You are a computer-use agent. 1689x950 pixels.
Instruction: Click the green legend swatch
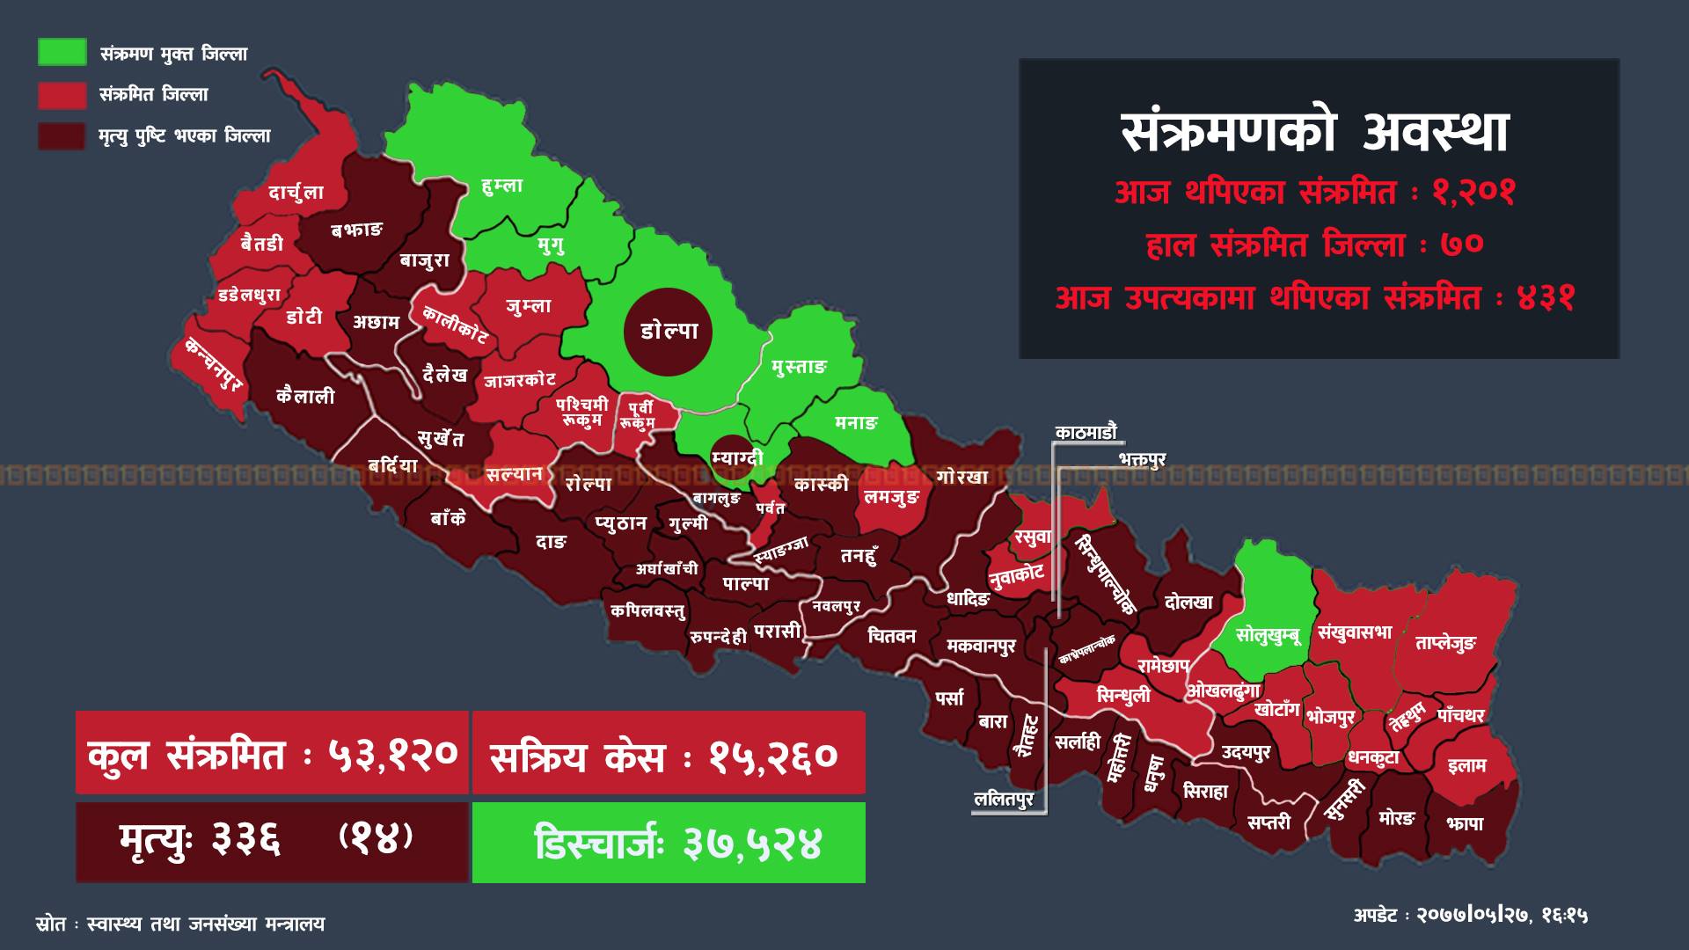(x=62, y=52)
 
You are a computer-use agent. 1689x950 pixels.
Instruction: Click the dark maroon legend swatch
(x=62, y=136)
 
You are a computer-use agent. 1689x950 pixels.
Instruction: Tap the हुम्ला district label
(x=502, y=186)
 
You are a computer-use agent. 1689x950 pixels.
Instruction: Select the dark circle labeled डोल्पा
(x=669, y=332)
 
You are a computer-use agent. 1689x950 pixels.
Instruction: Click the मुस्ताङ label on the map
(x=799, y=367)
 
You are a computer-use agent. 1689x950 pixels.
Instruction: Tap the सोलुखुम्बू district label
(x=1268, y=634)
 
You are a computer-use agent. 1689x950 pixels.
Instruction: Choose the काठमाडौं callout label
(x=1086, y=432)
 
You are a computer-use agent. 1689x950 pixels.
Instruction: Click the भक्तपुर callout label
(x=1142, y=460)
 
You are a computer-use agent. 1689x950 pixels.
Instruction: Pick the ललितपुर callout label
(x=1004, y=800)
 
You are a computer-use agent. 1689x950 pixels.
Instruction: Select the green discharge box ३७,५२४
(x=669, y=844)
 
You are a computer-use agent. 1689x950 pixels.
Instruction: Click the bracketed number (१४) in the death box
(x=376, y=837)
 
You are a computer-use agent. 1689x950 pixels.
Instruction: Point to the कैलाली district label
(x=305, y=397)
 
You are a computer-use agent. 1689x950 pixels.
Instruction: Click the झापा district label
(x=1465, y=824)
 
